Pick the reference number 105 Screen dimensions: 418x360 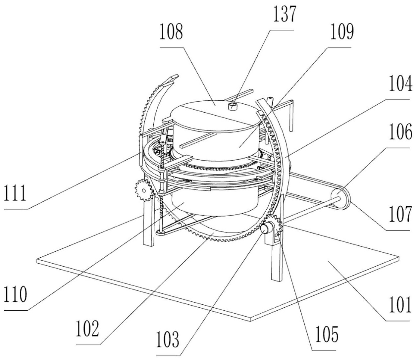coord(325,335)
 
